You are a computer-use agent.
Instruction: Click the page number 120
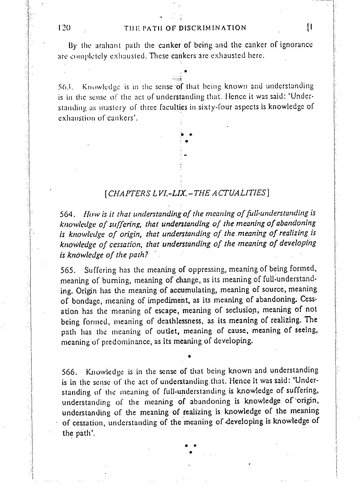pos(64,28)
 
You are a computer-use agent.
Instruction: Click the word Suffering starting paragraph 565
pos(100,270)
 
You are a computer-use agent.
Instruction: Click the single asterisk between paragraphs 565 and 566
pos(189,355)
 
